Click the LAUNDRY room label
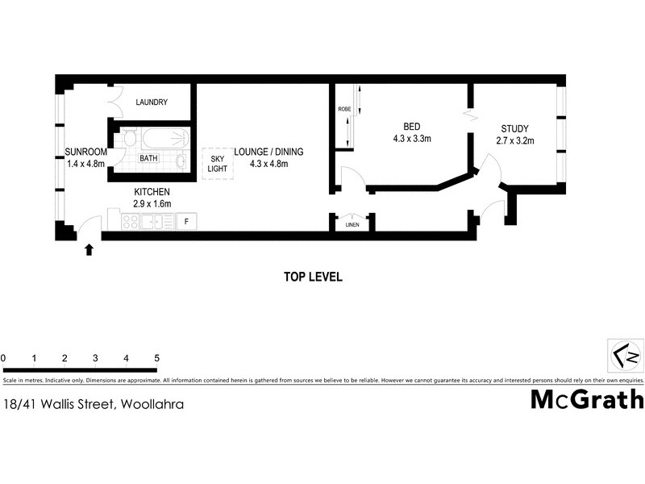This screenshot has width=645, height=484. coord(152,102)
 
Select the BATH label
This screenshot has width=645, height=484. coord(148,159)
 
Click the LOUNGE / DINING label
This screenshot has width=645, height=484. coord(268,152)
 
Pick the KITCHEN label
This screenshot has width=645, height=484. coord(152,192)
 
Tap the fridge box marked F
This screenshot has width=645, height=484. coord(187,220)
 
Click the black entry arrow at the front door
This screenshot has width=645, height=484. coord(89,249)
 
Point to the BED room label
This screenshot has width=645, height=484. coord(410,126)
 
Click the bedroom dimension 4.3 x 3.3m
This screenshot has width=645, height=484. coord(410,139)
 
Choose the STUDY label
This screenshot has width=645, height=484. coord(514,129)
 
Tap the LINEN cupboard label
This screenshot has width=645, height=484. coord(352,225)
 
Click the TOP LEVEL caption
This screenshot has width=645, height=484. coord(314,277)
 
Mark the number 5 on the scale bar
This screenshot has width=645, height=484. coord(156,357)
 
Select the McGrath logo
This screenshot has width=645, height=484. coord(587,399)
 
